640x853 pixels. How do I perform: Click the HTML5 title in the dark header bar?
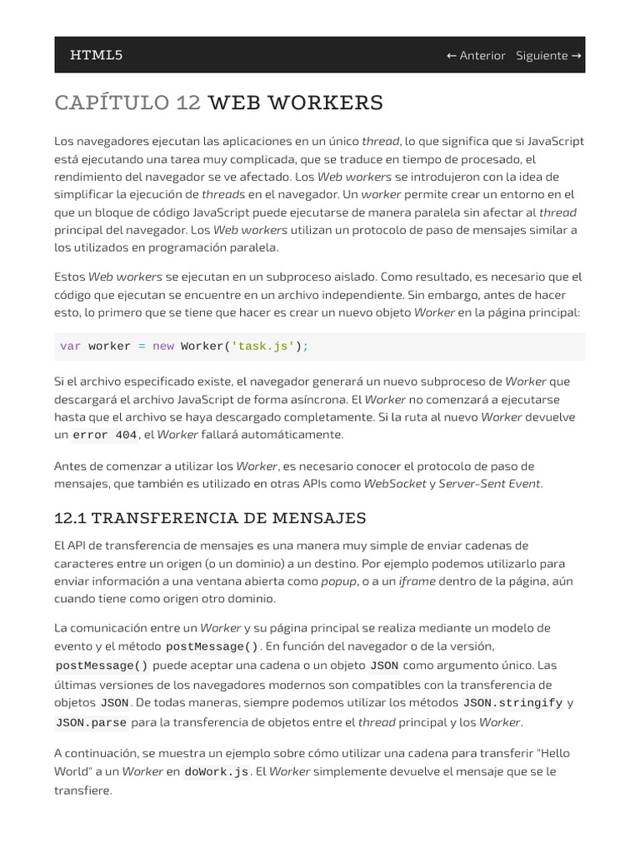(96, 55)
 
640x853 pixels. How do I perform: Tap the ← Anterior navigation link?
(476, 56)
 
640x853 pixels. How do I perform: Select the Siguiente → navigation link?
(548, 56)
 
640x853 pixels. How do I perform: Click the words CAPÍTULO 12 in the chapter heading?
(127, 103)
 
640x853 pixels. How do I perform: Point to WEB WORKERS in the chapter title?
(295, 103)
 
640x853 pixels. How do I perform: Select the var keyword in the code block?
(70, 347)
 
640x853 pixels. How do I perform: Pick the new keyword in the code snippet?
(162, 347)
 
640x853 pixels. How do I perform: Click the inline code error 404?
(105, 435)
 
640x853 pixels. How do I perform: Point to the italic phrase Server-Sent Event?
(489, 483)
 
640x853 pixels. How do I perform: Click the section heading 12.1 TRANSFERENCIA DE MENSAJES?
(210, 518)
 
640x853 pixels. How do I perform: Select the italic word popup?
(338, 581)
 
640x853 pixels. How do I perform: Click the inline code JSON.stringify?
(512, 703)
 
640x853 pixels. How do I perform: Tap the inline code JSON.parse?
(90, 722)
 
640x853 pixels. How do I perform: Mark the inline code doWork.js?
(216, 772)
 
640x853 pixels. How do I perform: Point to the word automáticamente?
(292, 435)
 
